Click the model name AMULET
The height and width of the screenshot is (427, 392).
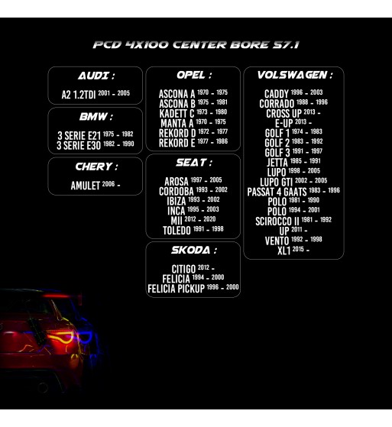[86, 186]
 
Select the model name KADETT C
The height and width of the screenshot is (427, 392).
[177, 114]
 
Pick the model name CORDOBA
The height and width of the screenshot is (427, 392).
[177, 192]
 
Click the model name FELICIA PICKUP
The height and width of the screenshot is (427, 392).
[176, 289]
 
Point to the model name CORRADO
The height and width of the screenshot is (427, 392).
[277, 104]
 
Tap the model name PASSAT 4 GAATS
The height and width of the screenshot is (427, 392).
[277, 192]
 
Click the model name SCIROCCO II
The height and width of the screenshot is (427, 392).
[277, 221]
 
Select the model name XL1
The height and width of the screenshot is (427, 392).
[283, 251]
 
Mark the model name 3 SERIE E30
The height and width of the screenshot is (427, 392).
[79, 145]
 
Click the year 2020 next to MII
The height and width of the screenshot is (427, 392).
[209, 219]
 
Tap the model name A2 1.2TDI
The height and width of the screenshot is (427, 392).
[79, 95]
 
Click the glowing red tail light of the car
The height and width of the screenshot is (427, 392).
[61, 338]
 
